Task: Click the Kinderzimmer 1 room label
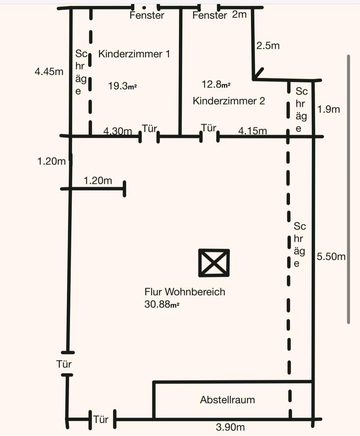(134, 54)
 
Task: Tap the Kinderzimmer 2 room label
(229, 101)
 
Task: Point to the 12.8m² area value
(215, 84)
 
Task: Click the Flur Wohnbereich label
(185, 292)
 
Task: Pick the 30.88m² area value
(161, 305)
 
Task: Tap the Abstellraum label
(227, 400)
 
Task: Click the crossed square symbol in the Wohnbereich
(214, 263)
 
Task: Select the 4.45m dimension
(49, 71)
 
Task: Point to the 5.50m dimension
(331, 257)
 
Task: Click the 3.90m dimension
(230, 427)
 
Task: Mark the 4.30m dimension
(117, 132)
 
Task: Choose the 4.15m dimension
(252, 131)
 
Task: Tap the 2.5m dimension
(268, 46)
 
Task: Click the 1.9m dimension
(329, 109)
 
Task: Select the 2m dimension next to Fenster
(239, 15)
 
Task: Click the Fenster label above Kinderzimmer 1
(147, 15)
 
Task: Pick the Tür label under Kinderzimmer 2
(209, 128)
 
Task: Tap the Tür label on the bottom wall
(101, 419)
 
